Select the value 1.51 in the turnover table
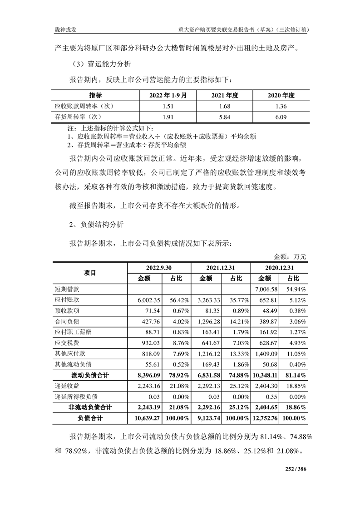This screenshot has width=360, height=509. (x=165, y=107)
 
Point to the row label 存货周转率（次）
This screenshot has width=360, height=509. (x=84, y=117)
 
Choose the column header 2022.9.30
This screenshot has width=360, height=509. (x=158, y=268)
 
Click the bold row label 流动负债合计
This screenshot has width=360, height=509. (x=90, y=375)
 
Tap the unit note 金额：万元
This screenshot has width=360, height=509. (x=290, y=257)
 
